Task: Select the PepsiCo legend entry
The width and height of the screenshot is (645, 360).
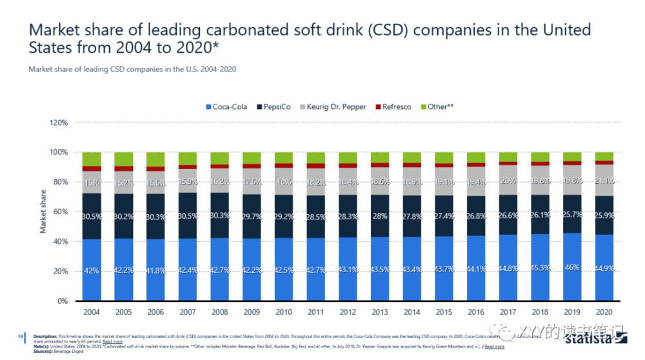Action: pos(280,106)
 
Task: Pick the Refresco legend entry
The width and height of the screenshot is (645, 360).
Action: pos(397,106)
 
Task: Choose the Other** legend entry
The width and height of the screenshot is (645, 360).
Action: pos(441,106)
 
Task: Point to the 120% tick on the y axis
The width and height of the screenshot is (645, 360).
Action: pos(58,123)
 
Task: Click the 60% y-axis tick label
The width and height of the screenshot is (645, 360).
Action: pos(60,212)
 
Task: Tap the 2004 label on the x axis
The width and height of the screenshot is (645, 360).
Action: pos(92,312)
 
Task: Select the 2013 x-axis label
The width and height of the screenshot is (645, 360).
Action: pos(381,312)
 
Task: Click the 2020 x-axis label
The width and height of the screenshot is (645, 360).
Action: pos(604,312)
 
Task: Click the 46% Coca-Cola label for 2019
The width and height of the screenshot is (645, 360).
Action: pos(573,268)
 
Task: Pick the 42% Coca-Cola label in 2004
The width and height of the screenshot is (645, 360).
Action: pos(92,271)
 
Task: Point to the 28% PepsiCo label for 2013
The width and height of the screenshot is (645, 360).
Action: pos(381,215)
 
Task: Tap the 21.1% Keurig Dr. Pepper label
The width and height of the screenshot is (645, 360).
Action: pos(604,181)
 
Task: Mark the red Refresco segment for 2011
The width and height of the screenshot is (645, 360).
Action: pos(316,166)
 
